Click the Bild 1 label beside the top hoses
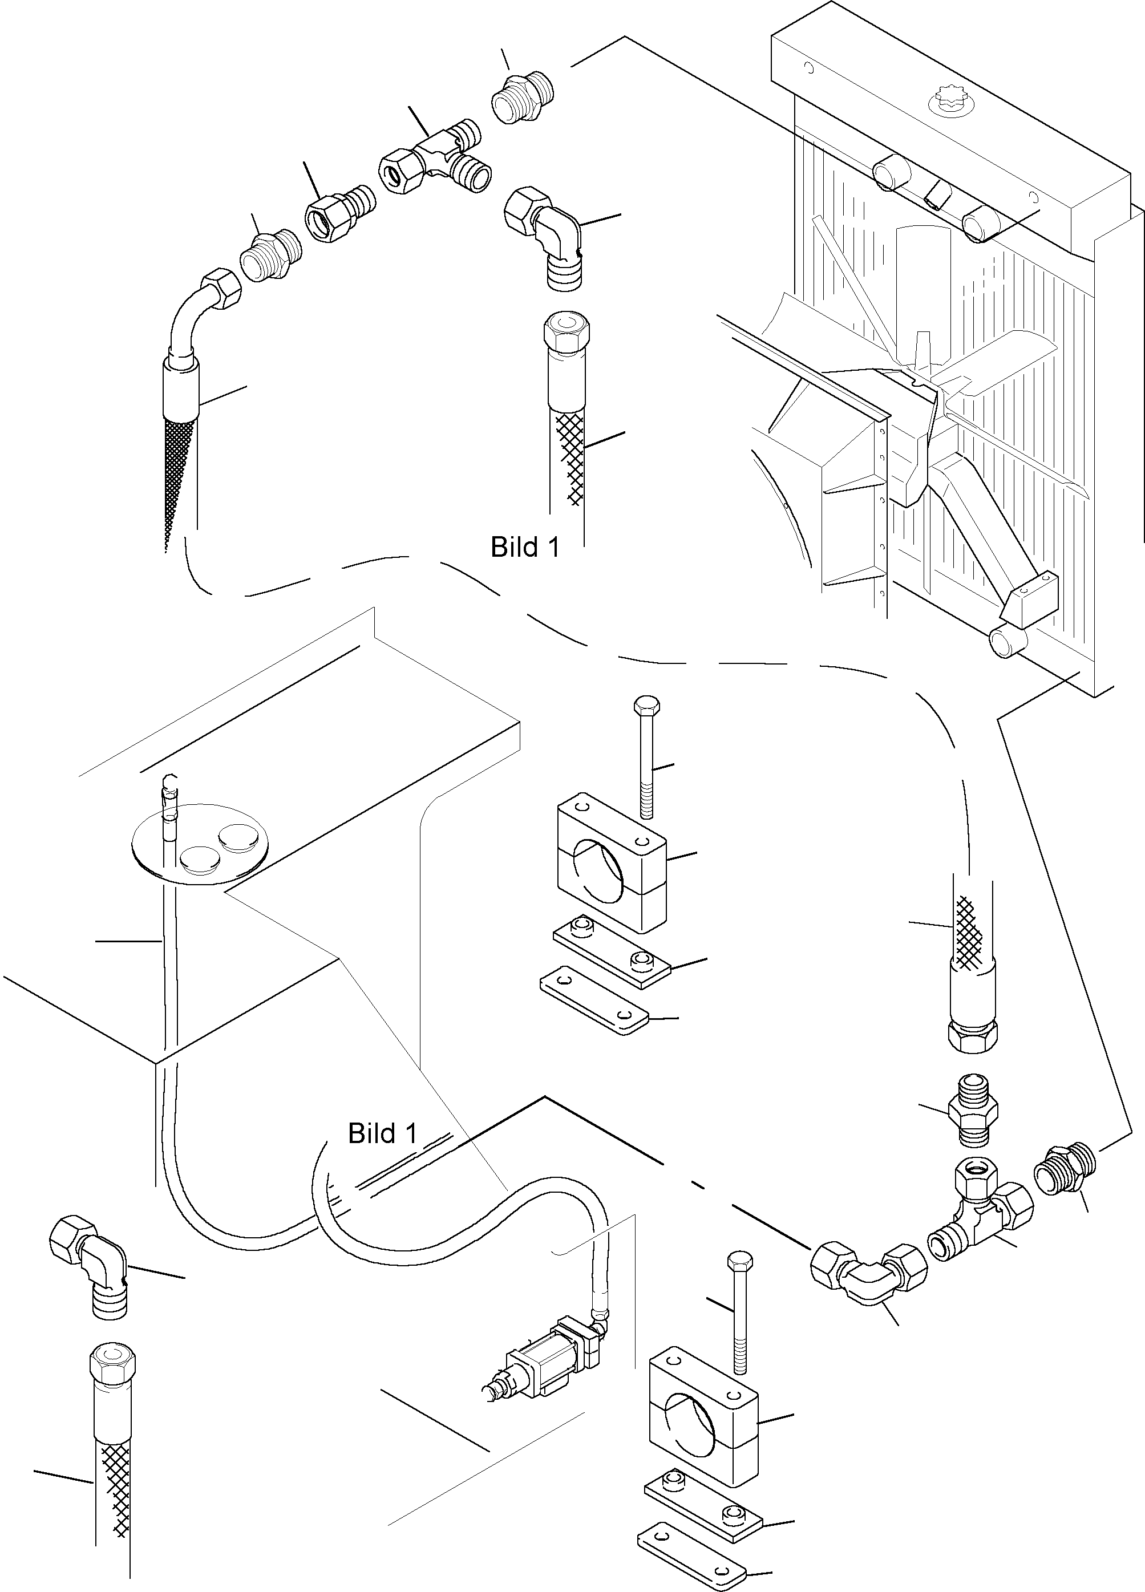click(x=525, y=547)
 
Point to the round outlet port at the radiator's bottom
click(x=1008, y=642)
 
